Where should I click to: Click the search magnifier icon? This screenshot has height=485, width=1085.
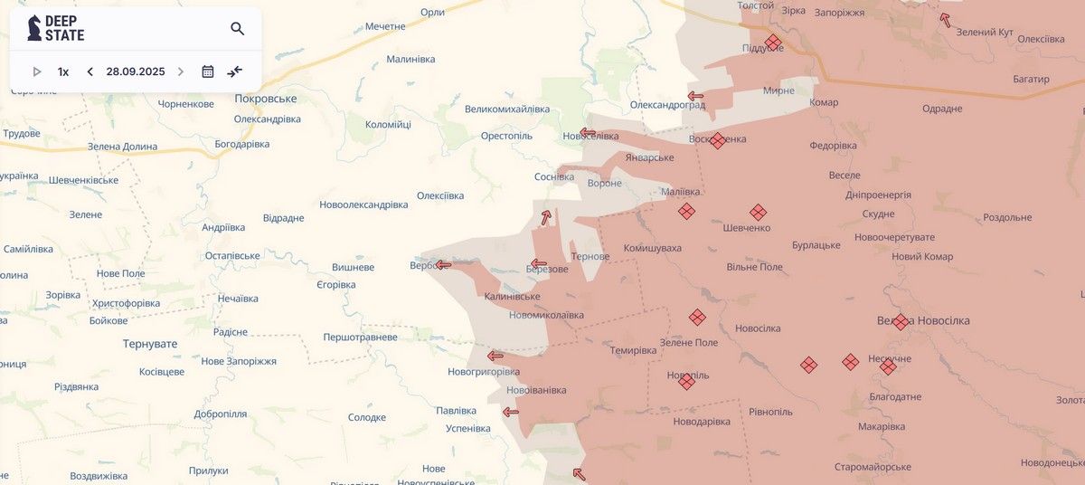pyautogui.click(x=238, y=29)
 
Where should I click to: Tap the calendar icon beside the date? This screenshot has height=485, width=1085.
pyautogui.click(x=208, y=71)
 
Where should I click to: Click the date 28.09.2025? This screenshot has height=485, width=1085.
pyautogui.click(x=136, y=71)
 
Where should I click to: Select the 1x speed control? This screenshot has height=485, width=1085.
pyautogui.click(x=63, y=71)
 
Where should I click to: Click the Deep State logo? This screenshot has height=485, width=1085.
pyautogui.click(x=56, y=28)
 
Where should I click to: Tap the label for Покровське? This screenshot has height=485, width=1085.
pyautogui.click(x=266, y=99)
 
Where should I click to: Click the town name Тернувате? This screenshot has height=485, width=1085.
pyautogui.click(x=150, y=344)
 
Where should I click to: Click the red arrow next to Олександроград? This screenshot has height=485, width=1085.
pyautogui.click(x=695, y=96)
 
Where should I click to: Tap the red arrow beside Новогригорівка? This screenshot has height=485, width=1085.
pyautogui.click(x=495, y=356)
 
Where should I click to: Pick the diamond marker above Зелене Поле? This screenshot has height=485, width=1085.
pyautogui.click(x=697, y=317)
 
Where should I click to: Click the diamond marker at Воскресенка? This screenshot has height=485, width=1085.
pyautogui.click(x=717, y=140)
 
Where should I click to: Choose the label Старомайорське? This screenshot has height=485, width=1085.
pyautogui.click(x=873, y=467)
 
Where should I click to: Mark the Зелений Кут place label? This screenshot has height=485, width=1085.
pyautogui.click(x=985, y=32)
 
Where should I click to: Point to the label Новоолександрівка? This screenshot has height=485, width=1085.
pyautogui.click(x=363, y=204)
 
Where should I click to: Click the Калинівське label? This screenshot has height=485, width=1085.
pyautogui.click(x=512, y=296)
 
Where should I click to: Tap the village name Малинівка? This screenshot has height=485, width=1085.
pyautogui.click(x=410, y=59)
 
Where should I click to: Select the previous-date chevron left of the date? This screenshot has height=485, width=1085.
pyautogui.click(x=90, y=71)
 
